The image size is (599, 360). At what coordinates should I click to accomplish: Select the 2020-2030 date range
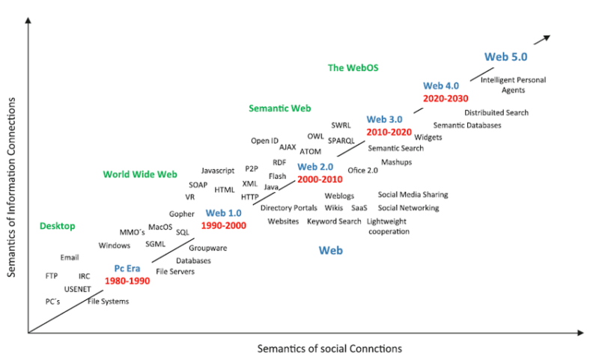pyautogui.click(x=446, y=98)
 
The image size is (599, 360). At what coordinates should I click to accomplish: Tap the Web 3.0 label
pyautogui.click(x=384, y=119)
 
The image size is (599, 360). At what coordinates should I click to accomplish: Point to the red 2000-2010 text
pyautogui.click(x=320, y=180)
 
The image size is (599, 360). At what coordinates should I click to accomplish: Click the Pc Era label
pyautogui.click(x=128, y=268)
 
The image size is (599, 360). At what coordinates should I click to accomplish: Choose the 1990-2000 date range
pyautogui.click(x=224, y=225)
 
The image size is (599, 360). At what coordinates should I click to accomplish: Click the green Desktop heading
pyautogui.click(x=58, y=226)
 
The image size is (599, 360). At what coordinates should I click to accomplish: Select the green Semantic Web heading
pyautogui.click(x=279, y=109)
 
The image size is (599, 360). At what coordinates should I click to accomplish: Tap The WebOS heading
pyautogui.click(x=353, y=68)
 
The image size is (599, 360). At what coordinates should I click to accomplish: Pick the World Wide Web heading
pyautogui.click(x=140, y=174)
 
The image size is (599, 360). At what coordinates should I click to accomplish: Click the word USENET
pyautogui.click(x=77, y=288)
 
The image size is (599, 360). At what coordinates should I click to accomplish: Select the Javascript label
pyautogui.click(x=218, y=171)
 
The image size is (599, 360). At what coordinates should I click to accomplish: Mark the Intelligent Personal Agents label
pyautogui.click(x=513, y=85)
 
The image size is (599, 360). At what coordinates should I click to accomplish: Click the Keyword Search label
pyautogui.click(x=334, y=222)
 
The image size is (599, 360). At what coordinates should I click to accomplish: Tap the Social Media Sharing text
pyautogui.click(x=413, y=195)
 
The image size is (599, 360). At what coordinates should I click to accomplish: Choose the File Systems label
pyautogui.click(x=109, y=302)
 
